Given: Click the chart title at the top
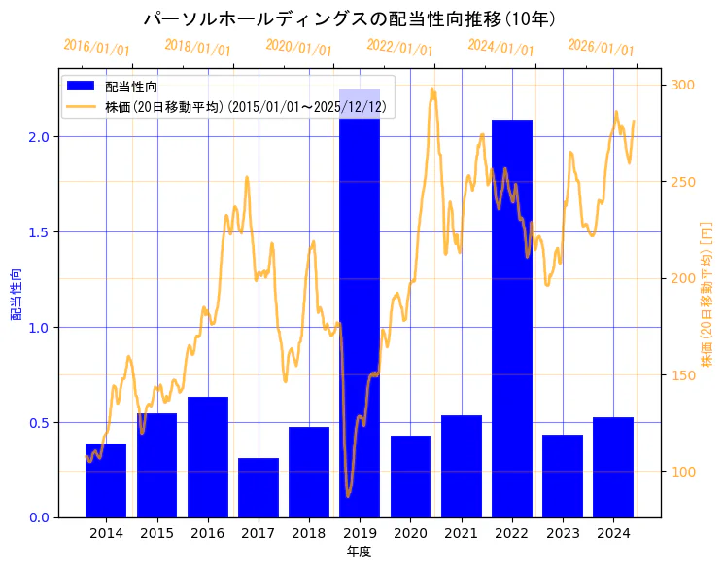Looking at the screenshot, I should point(349,19).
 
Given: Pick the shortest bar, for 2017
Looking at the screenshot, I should point(259,487).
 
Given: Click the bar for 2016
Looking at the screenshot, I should point(208,456).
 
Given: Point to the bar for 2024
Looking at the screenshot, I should point(613,467).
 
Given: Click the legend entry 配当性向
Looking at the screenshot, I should point(132,88).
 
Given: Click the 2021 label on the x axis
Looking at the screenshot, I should point(461,533).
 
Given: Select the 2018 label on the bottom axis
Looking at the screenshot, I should point(309,533).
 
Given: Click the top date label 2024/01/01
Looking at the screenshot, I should point(500,48).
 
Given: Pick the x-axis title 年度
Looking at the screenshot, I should point(359,551).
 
